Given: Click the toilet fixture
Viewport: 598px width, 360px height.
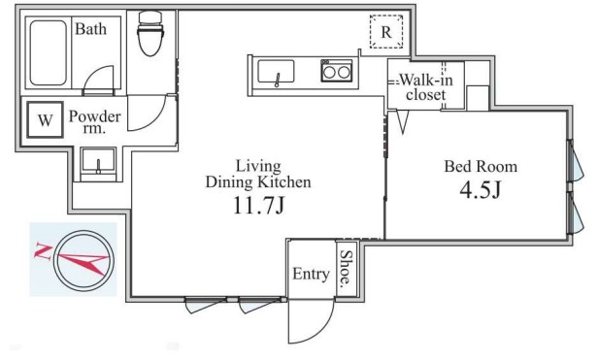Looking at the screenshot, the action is click(x=150, y=33).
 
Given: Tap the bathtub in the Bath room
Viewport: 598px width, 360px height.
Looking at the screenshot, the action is click(x=49, y=52).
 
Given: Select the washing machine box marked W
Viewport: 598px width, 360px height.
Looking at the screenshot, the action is click(x=45, y=119).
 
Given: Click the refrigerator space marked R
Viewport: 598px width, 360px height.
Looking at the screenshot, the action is click(x=386, y=32).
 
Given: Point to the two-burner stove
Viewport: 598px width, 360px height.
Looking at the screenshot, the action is click(x=336, y=71).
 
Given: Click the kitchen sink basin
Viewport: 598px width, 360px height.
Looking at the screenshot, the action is click(x=276, y=71).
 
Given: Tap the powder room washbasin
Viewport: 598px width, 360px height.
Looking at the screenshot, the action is click(x=98, y=161).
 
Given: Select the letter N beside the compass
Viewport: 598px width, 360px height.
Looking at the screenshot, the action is click(x=43, y=251).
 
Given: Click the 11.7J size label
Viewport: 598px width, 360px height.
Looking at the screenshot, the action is click(x=258, y=206).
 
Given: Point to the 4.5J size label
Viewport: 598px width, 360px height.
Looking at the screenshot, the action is click(x=480, y=189).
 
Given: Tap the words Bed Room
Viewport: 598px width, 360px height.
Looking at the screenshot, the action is click(x=481, y=166).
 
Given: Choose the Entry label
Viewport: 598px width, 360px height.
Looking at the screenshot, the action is click(x=311, y=274).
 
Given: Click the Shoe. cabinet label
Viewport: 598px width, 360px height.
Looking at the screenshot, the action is click(x=346, y=268).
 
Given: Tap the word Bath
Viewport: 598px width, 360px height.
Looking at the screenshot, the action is click(x=91, y=29).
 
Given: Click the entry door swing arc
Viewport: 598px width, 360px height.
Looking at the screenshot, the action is click(x=321, y=333).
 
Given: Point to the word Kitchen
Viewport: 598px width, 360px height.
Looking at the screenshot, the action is click(x=286, y=181).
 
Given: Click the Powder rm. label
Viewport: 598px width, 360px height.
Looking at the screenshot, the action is click(x=95, y=121).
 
